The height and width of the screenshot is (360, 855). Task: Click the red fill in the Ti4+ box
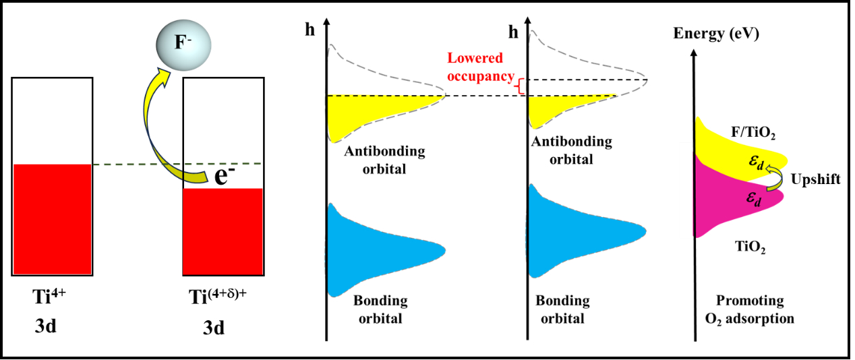click(x=51, y=218)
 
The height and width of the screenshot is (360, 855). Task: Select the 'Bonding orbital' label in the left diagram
click(x=378, y=309)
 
